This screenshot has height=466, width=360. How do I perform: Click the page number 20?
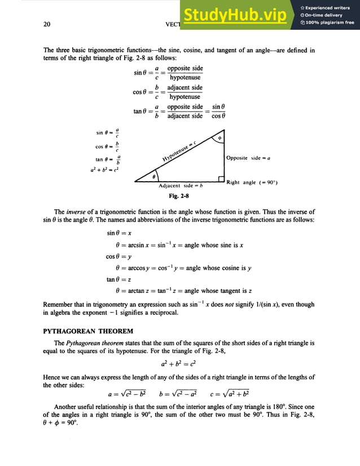point(47,24)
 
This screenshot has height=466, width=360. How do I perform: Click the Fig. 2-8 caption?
point(179,195)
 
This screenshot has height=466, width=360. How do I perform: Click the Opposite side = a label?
point(248,158)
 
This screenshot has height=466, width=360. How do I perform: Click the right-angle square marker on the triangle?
point(222,179)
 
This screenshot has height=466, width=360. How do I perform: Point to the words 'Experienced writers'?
point(330,7)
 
